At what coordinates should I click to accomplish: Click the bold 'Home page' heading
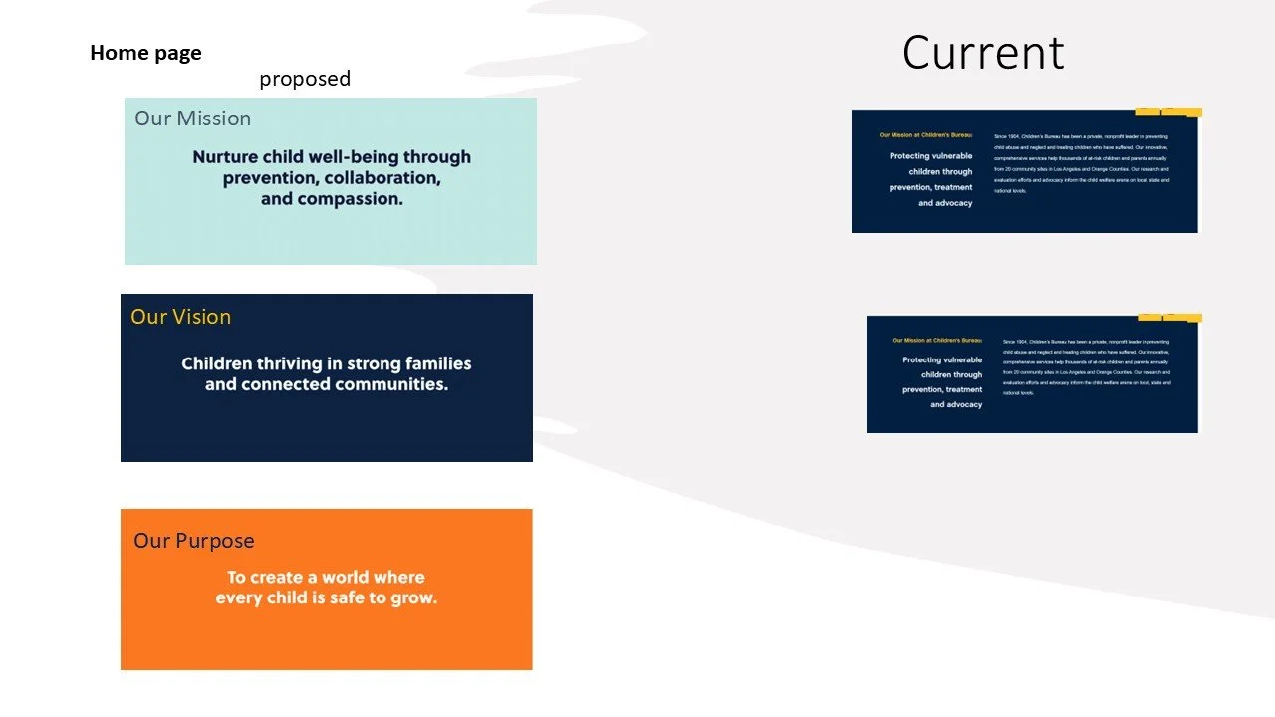coord(145,53)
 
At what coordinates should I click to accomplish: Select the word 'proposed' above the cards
coord(305,79)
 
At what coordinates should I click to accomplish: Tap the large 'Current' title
coord(983,53)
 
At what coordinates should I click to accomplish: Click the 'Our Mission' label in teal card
coord(192,119)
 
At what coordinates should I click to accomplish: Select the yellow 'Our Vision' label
coord(180,317)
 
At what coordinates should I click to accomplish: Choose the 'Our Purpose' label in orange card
coord(194,541)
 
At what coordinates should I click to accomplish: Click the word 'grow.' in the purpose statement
coord(413,598)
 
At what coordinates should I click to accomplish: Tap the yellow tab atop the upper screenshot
coord(1167,112)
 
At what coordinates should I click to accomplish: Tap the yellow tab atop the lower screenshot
coord(1169,319)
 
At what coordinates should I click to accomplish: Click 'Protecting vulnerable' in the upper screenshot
coord(930,156)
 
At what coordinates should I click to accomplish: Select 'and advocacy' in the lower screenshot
coord(956,405)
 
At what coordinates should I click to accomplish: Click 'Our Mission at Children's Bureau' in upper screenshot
coord(924,135)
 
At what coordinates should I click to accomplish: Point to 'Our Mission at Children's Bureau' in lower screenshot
coord(937,341)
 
